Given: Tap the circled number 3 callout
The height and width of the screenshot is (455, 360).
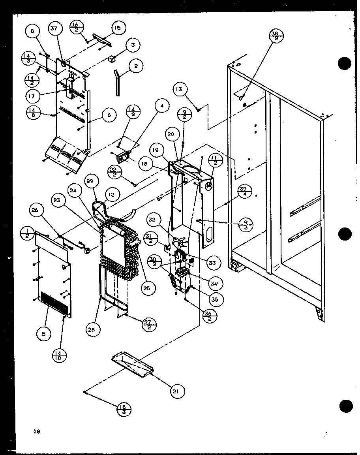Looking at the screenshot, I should coord(133,45).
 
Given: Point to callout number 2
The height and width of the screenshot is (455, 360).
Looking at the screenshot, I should coord(135,66).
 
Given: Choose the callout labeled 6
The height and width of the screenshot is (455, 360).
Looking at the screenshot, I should coord(109,115).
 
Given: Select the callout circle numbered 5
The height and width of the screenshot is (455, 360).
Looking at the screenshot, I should coord(44,334).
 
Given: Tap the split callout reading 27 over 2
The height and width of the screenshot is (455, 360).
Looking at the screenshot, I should coord(149,324).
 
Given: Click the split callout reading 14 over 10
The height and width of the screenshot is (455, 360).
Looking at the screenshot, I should coord(59,356).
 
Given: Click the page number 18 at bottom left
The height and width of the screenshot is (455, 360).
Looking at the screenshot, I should coord(37,431).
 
